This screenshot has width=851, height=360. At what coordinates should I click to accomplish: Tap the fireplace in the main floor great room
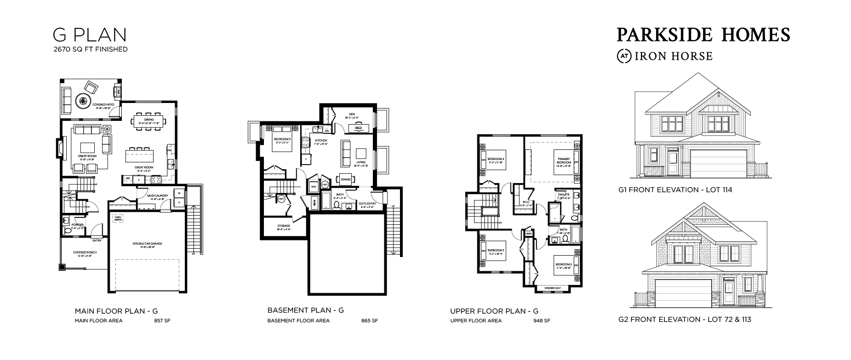pyautogui.click(x=59, y=148)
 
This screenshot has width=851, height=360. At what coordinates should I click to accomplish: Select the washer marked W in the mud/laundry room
pyautogui.click(x=178, y=194)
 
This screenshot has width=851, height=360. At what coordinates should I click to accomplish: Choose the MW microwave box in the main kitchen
pyautogui.click(x=127, y=179)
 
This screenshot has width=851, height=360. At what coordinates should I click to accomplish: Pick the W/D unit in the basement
pyautogui.click(x=313, y=187)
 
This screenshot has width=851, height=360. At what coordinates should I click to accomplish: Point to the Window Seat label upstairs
pyautogui.click(x=552, y=288)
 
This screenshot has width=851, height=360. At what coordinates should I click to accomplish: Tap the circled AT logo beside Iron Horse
pyautogui.click(x=624, y=56)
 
